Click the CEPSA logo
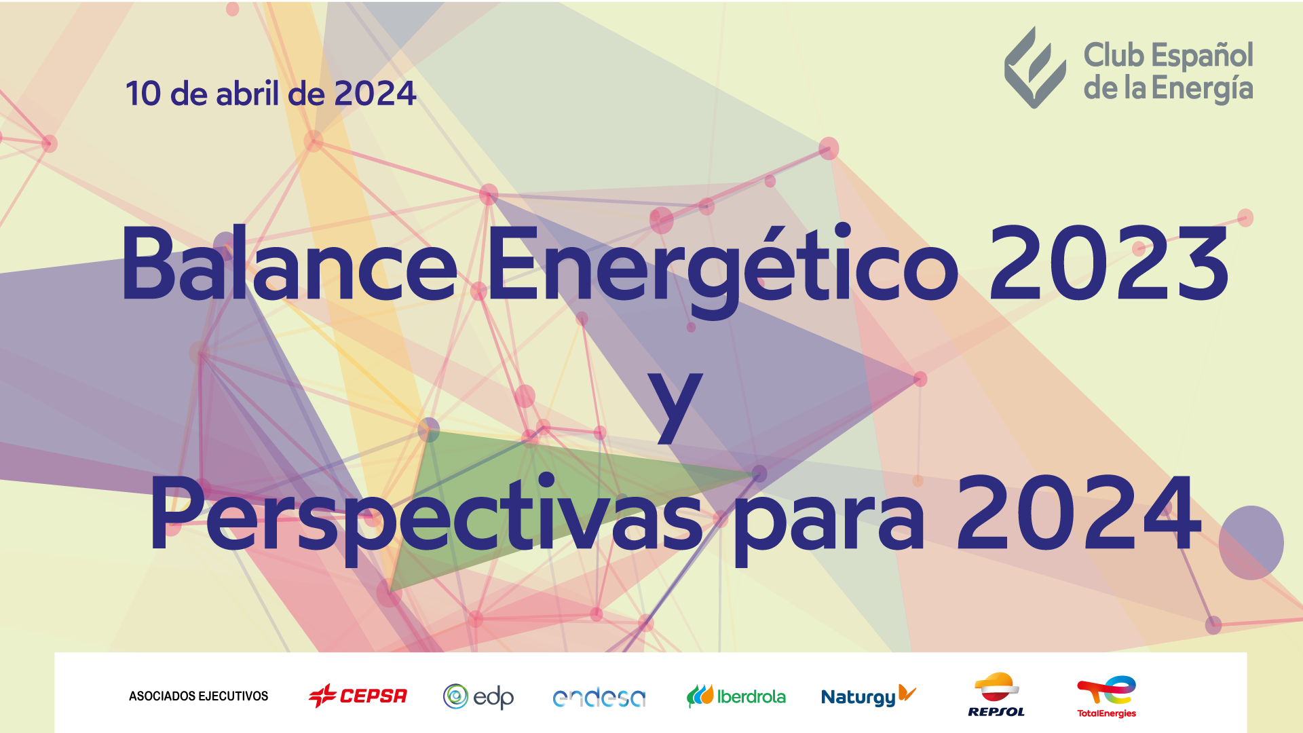[x=358, y=696]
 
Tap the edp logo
[x=478, y=697]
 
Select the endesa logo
[x=599, y=698]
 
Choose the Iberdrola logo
[x=736, y=696]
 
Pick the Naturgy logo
[x=869, y=696]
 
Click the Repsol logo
[x=996, y=694]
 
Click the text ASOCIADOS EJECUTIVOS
[x=198, y=696]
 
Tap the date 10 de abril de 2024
[x=271, y=93]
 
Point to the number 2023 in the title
[x=1110, y=263]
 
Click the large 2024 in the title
[x=1079, y=513]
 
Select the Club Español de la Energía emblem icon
[x=1034, y=67]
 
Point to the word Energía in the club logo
[x=1203, y=89]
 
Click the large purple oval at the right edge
[x=1251, y=542]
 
